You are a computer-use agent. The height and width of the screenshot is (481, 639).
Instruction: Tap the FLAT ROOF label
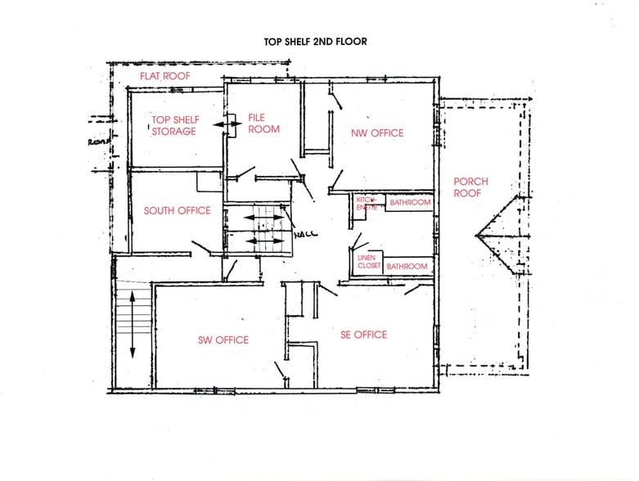tap(166, 77)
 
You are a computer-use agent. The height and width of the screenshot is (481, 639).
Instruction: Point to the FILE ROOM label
tap(263, 124)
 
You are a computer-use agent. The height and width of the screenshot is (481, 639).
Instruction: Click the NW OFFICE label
tap(377, 133)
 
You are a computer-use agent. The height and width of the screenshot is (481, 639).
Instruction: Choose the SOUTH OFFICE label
tap(177, 210)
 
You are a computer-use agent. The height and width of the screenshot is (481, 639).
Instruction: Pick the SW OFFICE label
tap(223, 340)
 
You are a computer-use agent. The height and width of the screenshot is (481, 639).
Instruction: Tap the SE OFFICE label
tap(363, 335)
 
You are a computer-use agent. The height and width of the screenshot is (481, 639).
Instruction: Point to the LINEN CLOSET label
tap(368, 262)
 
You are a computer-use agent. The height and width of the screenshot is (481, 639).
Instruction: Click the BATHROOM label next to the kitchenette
tap(408, 202)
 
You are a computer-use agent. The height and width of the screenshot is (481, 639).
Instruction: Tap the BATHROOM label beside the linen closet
tap(407, 267)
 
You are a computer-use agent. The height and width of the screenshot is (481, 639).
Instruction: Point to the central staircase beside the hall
tap(257, 230)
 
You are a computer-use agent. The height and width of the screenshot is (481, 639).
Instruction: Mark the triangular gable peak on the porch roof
tap(483, 237)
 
